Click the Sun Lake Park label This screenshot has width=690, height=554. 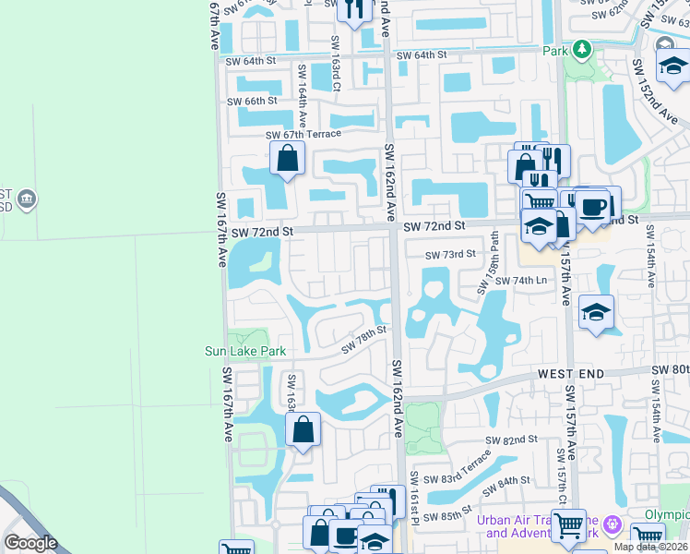[245, 351]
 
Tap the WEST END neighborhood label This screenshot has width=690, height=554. [571, 373]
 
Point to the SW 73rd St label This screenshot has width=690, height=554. [450, 254]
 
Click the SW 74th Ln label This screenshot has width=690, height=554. [522, 280]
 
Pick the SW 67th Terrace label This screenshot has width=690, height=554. [303, 135]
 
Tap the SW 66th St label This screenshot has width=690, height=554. [251, 101]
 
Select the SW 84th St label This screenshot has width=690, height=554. [508, 481]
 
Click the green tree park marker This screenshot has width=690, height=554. [581, 48]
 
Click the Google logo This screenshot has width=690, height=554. [30, 543]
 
